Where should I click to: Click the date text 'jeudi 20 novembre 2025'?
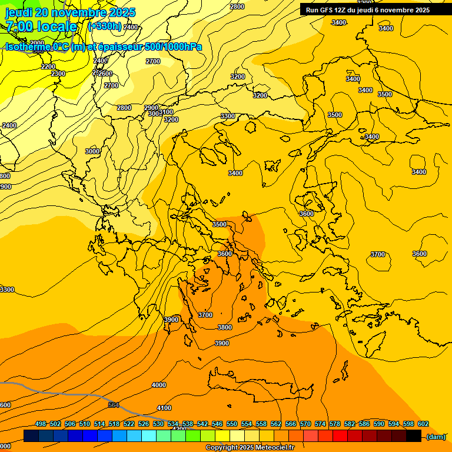(70, 12)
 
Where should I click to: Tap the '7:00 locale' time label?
(41, 26)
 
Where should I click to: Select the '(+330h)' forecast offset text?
(105, 26)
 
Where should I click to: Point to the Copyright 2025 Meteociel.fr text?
(250, 447)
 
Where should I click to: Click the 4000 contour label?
(159, 385)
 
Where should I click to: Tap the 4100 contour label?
(164, 408)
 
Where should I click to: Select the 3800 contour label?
(225, 327)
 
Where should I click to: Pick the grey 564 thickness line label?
(114, 405)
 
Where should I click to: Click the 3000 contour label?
(92, 151)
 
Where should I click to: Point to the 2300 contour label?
(58, 74)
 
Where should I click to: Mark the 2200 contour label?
(48, 67)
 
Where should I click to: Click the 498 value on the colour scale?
(41, 424)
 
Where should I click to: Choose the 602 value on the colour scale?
(423, 424)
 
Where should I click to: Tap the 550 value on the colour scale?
(232, 424)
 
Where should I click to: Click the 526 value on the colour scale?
(144, 424)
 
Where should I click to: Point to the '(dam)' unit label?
(436, 437)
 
